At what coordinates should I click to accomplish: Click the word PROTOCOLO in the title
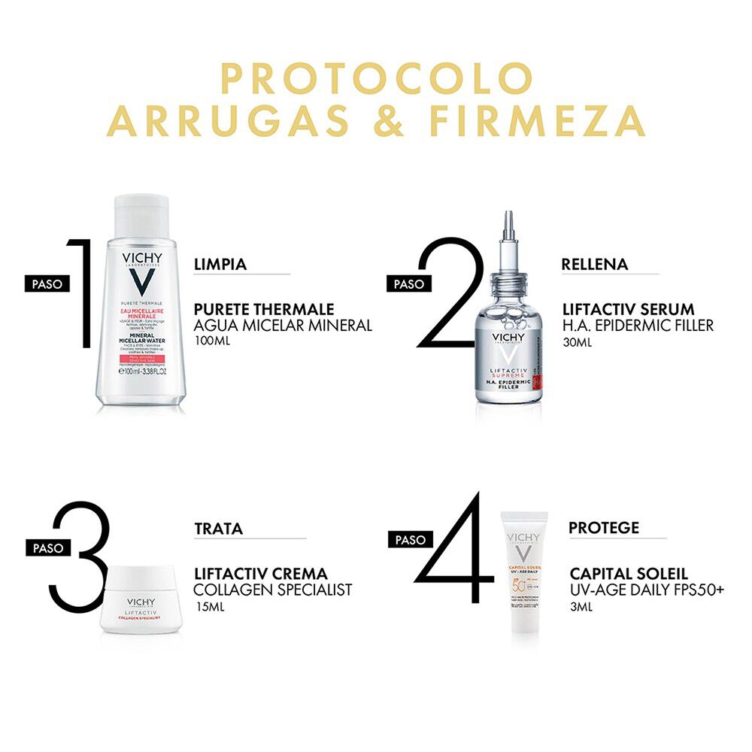[x=376, y=79]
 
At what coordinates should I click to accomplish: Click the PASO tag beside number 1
[x=47, y=284]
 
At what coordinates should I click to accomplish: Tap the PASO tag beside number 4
[x=411, y=539]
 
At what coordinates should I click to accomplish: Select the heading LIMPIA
[x=220, y=264]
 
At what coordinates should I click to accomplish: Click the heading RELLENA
[x=594, y=264]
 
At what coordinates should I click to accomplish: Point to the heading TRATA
[x=218, y=529]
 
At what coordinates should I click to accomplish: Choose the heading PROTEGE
[x=603, y=528]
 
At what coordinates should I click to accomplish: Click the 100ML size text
[x=211, y=341]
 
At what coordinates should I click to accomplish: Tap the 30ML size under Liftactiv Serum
[x=578, y=341]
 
